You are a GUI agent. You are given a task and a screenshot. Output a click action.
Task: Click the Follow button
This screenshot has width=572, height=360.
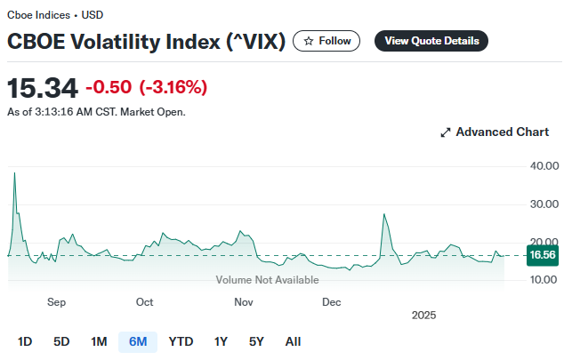(327, 41)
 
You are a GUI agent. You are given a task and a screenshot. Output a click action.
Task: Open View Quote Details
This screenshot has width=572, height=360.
(431, 41)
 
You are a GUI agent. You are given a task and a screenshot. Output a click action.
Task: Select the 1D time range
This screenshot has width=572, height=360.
(25, 341)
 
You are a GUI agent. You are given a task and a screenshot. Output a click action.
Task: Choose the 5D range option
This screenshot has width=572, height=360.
(61, 341)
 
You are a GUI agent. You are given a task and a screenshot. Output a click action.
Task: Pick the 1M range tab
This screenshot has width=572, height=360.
(99, 341)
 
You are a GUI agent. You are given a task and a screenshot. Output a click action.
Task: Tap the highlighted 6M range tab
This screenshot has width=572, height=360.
(138, 341)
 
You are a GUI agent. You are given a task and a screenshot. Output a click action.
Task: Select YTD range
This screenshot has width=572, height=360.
(181, 341)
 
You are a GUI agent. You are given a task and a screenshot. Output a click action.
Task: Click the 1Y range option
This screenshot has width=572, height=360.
(221, 341)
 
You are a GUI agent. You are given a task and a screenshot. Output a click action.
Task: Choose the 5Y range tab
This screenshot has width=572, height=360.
(256, 341)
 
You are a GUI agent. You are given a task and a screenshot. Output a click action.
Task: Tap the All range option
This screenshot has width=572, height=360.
(293, 341)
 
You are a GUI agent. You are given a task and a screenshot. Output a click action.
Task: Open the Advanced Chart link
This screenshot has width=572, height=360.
(495, 132)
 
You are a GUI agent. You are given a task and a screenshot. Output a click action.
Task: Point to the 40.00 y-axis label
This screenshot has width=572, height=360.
(544, 166)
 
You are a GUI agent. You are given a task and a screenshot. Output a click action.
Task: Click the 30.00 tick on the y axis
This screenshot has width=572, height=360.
(544, 204)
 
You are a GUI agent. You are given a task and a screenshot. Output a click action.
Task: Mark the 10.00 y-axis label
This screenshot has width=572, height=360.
(544, 280)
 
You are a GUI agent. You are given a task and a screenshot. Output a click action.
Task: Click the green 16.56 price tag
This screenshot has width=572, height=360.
(542, 255)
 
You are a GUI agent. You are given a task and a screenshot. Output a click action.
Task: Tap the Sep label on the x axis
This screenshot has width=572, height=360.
(57, 302)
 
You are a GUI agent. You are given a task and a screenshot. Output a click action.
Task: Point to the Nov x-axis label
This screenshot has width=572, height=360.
(245, 302)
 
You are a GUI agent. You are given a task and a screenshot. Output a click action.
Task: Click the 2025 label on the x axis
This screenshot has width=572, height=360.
(424, 315)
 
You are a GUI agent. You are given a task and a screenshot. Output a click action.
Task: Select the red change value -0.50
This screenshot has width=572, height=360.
(109, 87)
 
